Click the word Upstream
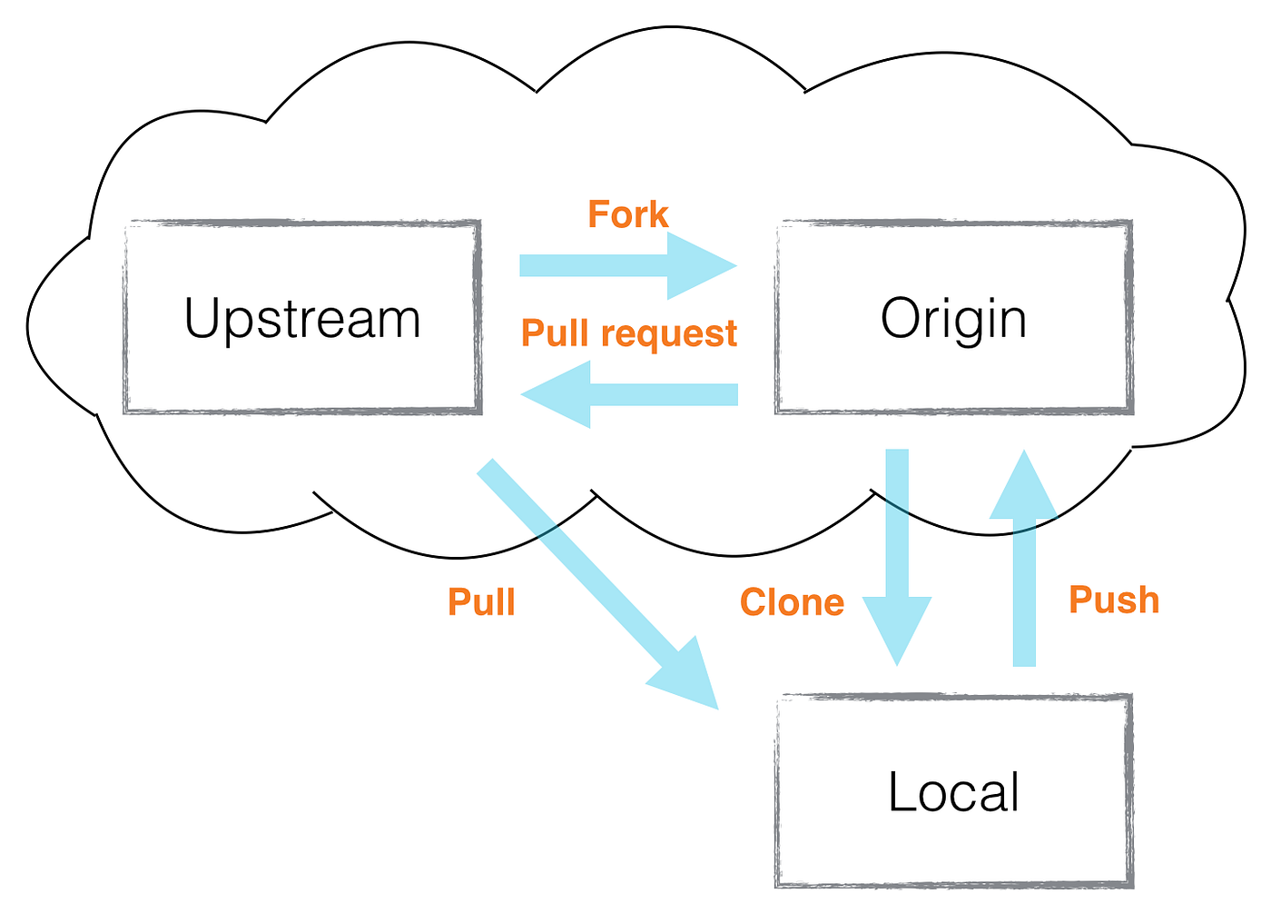(x=302, y=320)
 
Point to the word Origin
(x=953, y=320)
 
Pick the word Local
(x=953, y=791)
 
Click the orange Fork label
(x=627, y=215)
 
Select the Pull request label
(x=628, y=333)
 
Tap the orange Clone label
(x=792, y=602)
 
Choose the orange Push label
(x=1114, y=600)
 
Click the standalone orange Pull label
(x=481, y=602)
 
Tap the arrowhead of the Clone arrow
(x=897, y=628)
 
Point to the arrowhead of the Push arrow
(x=1024, y=486)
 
